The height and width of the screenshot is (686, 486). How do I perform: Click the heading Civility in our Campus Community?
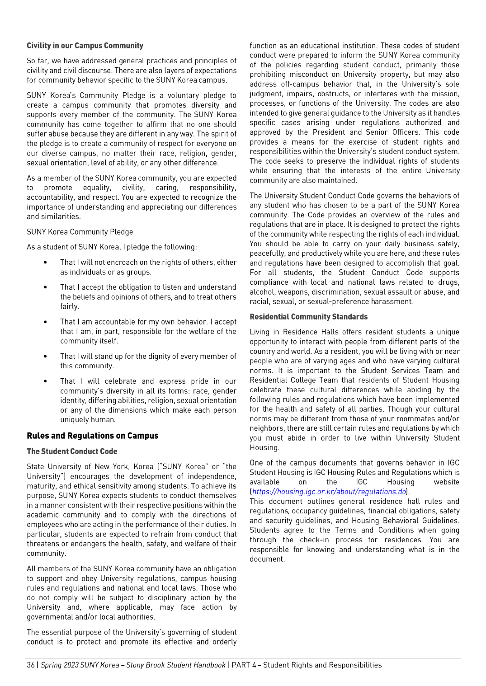[x=85, y=46]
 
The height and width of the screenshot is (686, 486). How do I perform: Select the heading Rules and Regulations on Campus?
[x=93, y=436]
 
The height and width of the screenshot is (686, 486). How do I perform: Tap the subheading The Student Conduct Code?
[x=72, y=451]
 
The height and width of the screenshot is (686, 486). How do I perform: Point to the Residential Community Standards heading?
[x=308, y=317]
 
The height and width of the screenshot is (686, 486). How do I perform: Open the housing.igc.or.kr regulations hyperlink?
[x=329, y=492]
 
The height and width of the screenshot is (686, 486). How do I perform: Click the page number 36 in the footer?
[x=31, y=665]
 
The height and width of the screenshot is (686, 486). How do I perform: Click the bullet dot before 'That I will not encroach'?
[x=45, y=263]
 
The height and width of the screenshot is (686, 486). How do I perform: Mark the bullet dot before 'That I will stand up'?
[x=45, y=357]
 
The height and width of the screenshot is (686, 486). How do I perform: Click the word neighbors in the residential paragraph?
[x=264, y=428]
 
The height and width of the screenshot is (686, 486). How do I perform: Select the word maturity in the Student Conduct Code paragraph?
[x=39, y=486]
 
